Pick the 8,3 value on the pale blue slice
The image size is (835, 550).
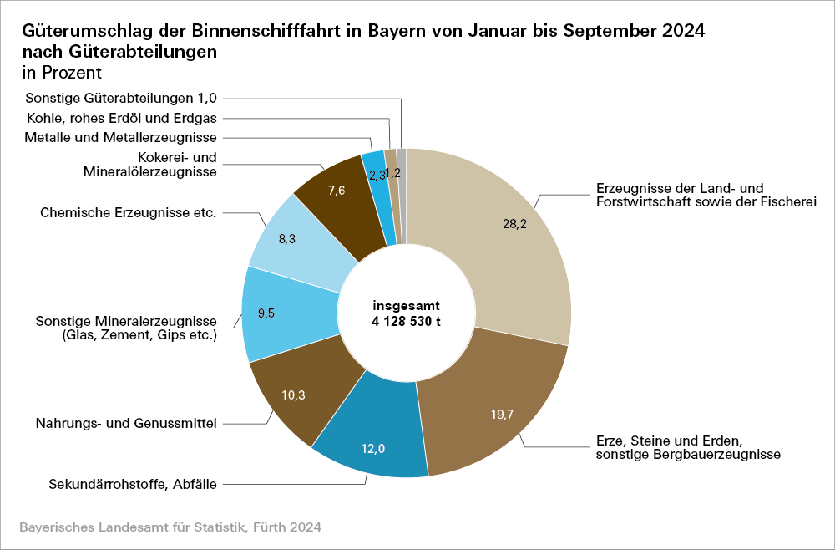point(287,239)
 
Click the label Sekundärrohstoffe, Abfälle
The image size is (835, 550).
point(133,483)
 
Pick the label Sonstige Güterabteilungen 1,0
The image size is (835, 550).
point(121,97)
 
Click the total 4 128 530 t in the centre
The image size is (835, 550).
point(406,321)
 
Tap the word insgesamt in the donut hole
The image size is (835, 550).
point(406,306)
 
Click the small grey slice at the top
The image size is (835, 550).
point(402,196)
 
